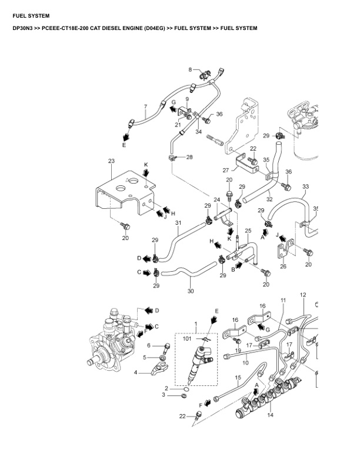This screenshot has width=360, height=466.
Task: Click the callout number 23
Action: [111, 161]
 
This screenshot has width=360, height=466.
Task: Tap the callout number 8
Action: [190, 69]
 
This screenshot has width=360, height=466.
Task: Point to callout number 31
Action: [178, 222]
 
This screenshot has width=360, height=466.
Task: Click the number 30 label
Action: [191, 291]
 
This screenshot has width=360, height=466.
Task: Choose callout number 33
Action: [305, 187]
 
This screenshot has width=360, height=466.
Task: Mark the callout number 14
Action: [270, 415]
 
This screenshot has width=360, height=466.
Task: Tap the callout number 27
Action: [225, 169]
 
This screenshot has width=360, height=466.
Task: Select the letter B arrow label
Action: [233, 269]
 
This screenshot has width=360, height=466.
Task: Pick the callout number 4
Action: [136, 372]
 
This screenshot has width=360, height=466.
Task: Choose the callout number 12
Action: [303, 294]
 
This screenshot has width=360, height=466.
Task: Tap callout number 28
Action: [189, 157]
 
